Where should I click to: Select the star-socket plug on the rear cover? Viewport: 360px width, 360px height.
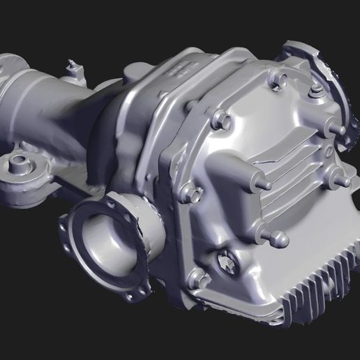pyautogui.click(x=228, y=264)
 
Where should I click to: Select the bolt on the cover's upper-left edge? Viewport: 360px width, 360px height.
pyautogui.click(x=223, y=120)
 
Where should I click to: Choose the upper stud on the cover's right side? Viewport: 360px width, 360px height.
pyautogui.click(x=336, y=130)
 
